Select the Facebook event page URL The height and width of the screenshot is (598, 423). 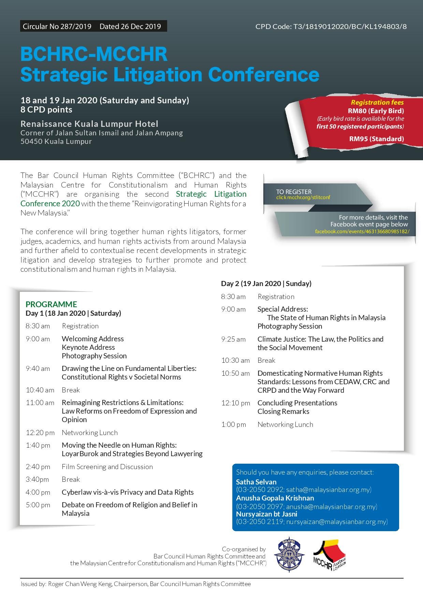click(362, 231)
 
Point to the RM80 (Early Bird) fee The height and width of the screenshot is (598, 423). click(376, 111)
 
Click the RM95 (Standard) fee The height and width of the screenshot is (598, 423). click(376, 139)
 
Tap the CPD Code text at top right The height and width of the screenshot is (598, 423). click(331, 27)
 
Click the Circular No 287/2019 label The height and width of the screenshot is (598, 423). click(57, 27)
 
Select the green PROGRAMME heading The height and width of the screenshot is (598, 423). click(51, 304)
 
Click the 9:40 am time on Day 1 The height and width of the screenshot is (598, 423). click(38, 369)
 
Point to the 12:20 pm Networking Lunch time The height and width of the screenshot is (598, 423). click(40, 433)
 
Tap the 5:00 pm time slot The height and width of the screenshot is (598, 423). click(38, 505)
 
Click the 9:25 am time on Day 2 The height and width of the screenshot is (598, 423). click(233, 339)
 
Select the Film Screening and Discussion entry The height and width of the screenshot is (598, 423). click(107, 467)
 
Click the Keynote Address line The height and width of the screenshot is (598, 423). click(88, 347)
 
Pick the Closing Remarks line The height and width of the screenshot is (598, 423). click(283, 412)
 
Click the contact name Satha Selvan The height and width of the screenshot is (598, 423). click(256, 482)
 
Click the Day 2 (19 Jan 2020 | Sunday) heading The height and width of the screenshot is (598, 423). click(266, 284)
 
